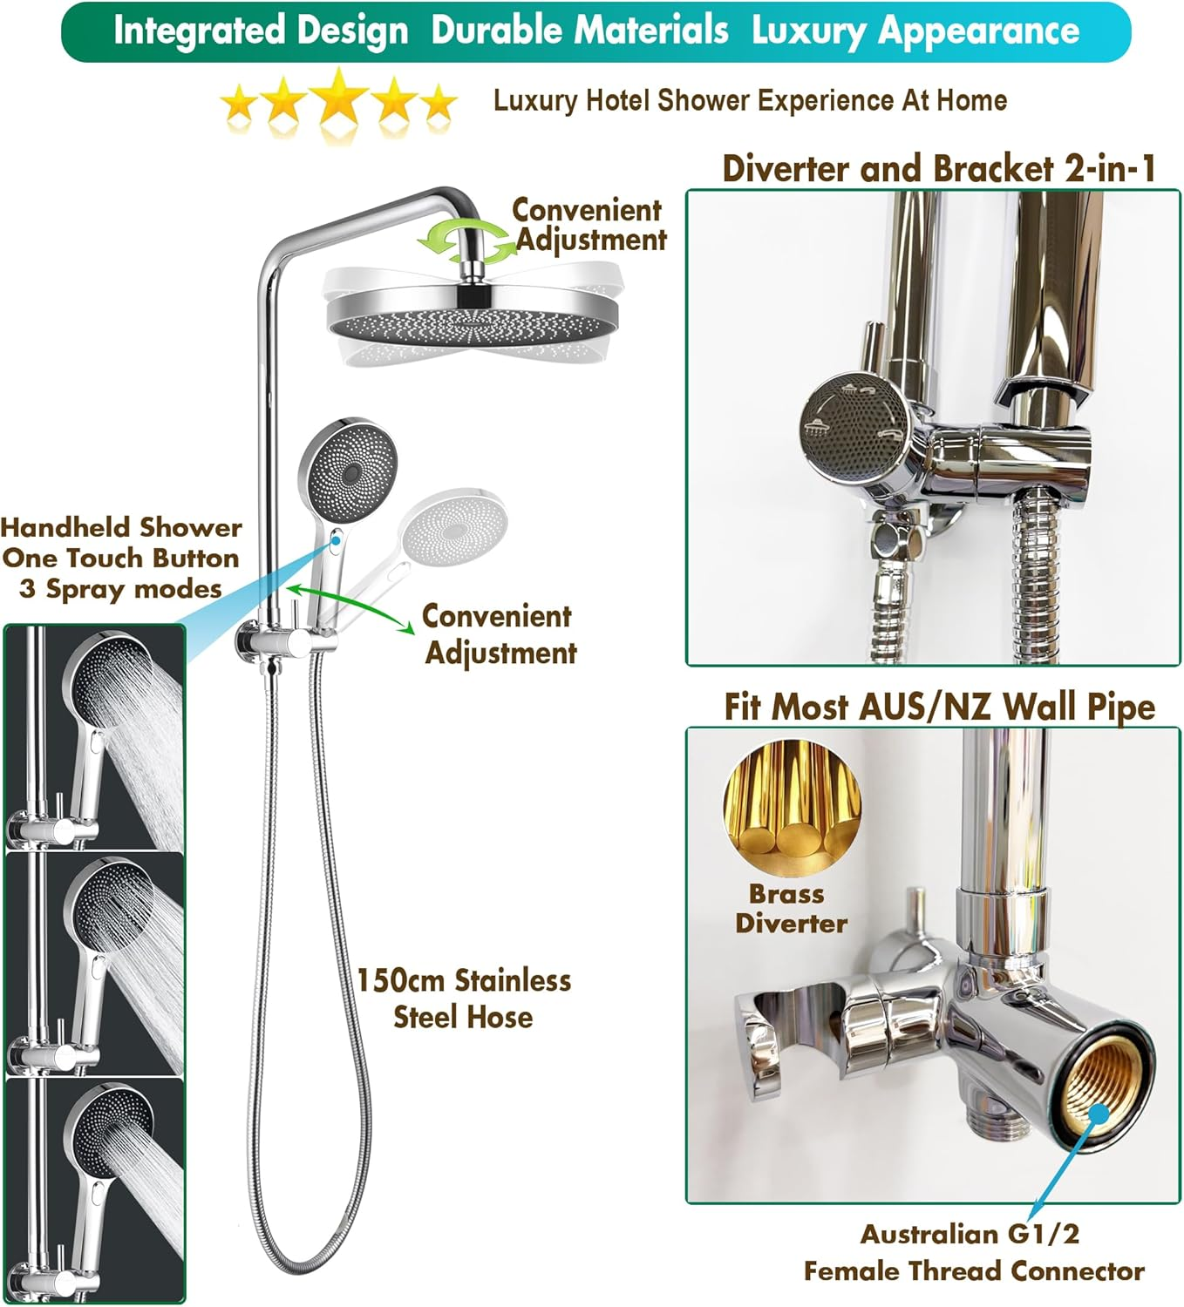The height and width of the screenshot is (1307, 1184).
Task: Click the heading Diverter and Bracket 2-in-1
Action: tap(938, 168)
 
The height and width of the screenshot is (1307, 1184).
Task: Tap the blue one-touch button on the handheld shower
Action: tap(337, 541)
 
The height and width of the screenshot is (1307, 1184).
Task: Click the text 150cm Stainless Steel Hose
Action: tap(463, 999)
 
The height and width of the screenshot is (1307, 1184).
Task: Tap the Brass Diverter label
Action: tap(791, 908)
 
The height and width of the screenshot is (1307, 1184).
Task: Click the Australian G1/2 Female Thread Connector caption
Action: tap(973, 1252)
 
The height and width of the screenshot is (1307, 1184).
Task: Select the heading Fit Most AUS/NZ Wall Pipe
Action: tap(939, 706)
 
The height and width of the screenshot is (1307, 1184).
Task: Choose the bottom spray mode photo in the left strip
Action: tap(95, 1190)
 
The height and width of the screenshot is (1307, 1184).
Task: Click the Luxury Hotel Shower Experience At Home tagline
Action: tap(750, 101)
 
